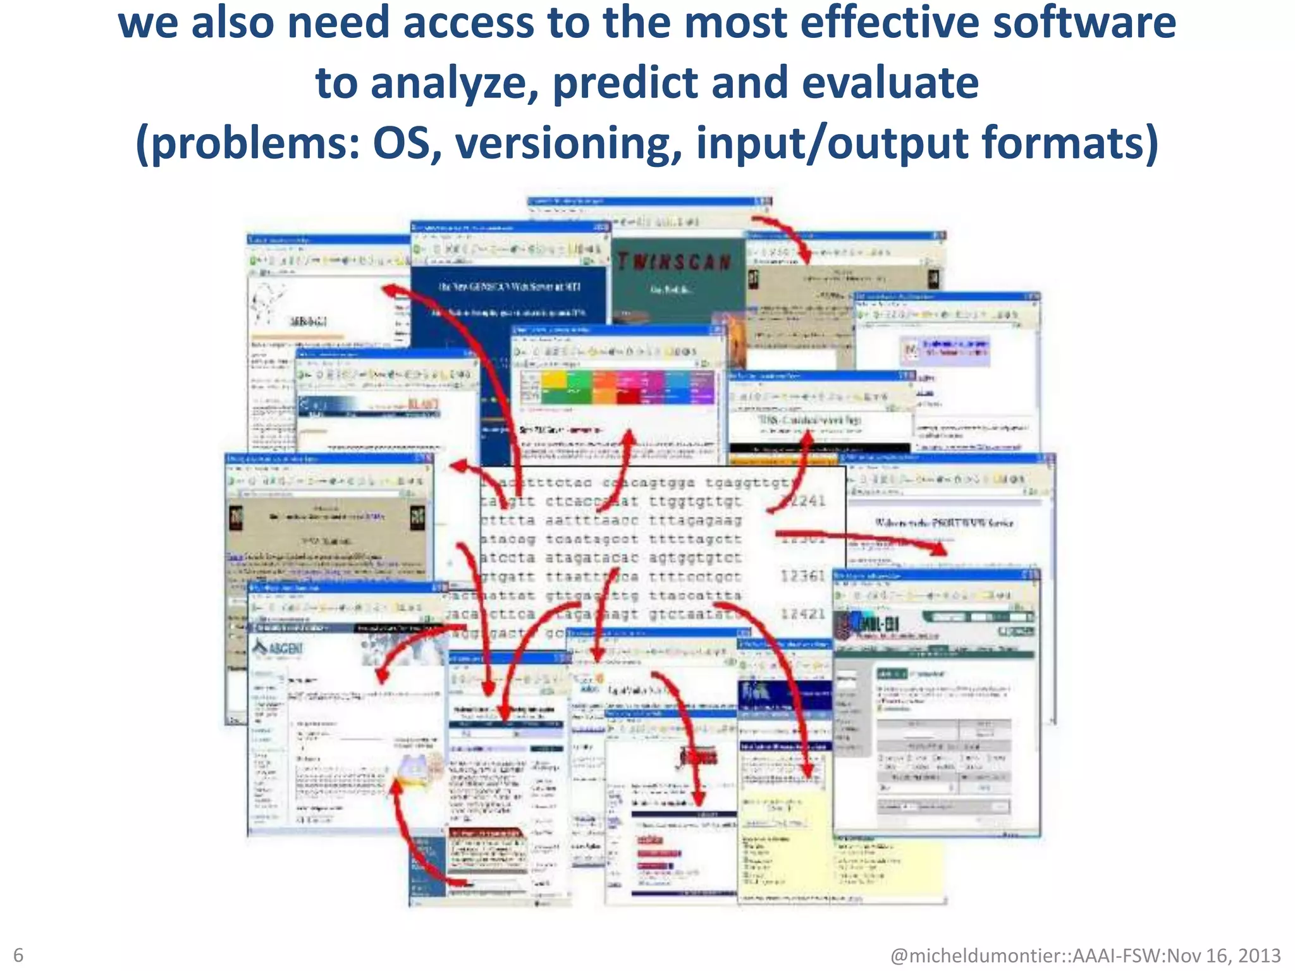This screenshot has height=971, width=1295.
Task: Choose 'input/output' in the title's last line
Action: click(832, 143)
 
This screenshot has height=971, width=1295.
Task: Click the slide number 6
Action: click(18, 955)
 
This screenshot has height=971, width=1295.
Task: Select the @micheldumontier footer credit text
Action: click(1085, 955)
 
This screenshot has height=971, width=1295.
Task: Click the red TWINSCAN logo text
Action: click(674, 262)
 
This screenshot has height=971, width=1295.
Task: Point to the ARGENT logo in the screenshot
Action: click(278, 648)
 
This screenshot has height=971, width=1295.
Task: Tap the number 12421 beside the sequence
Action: click(803, 614)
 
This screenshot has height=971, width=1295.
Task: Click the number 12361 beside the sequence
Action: click(803, 576)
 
